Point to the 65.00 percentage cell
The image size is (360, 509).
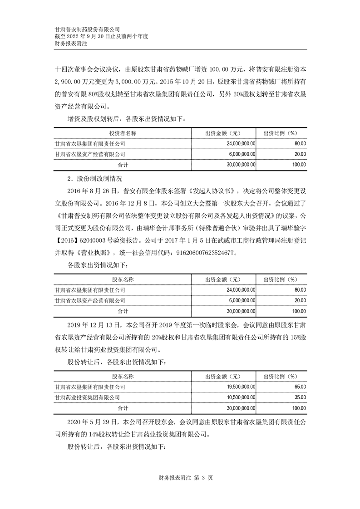(300, 387)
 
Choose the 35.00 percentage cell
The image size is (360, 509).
(300, 397)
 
